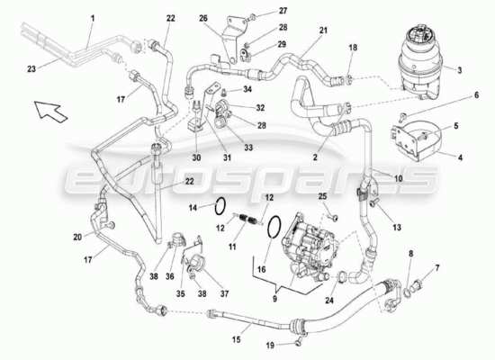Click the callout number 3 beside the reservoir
click(x=460, y=70)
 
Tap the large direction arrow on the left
click(x=50, y=112)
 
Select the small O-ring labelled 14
click(x=220, y=206)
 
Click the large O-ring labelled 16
click(x=274, y=227)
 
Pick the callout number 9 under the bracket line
click(x=274, y=299)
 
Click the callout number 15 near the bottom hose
click(x=236, y=340)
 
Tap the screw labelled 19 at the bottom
click(x=298, y=341)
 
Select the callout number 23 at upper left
click(x=31, y=68)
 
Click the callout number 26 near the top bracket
click(x=203, y=18)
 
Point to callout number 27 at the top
click(x=283, y=11)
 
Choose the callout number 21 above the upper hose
click(x=323, y=31)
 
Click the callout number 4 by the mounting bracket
click(x=460, y=157)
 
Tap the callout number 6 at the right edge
click(x=476, y=95)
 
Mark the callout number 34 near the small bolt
click(x=247, y=89)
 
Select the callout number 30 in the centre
click(x=196, y=157)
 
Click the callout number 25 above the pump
click(x=322, y=196)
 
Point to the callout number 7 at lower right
click(x=437, y=268)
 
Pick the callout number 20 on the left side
click(x=77, y=237)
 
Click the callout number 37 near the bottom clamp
click(x=224, y=293)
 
